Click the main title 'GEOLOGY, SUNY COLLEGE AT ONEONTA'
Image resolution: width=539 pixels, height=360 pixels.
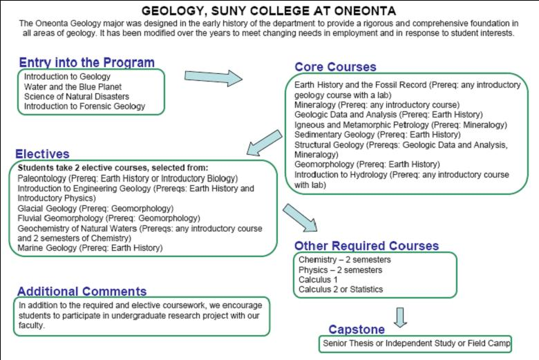pyautogui.click(x=269, y=11)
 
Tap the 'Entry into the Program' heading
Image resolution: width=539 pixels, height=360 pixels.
pyautogui.click(x=86, y=62)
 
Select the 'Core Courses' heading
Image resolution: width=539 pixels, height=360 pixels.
pyautogui.click(x=335, y=67)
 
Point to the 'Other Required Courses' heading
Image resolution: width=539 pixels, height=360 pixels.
pyautogui.click(x=366, y=245)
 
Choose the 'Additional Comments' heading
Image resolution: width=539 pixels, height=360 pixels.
pyautogui.click(x=82, y=291)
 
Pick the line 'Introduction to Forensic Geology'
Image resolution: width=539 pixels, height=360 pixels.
pyautogui.click(x=84, y=106)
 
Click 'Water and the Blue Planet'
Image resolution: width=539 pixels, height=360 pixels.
pyautogui.click(x=72, y=86)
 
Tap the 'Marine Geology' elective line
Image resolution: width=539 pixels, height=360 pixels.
pyautogui.click(x=91, y=247)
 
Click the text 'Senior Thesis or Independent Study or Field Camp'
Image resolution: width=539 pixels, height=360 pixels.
pyautogui.click(x=416, y=343)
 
